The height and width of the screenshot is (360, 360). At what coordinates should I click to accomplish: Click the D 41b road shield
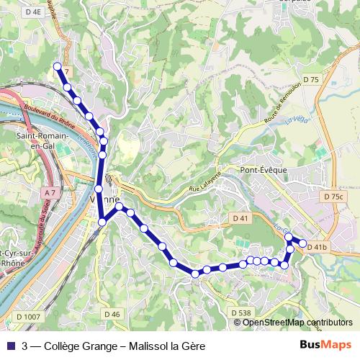(318, 247)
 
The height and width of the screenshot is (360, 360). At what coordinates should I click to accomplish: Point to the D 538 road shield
(242, 312)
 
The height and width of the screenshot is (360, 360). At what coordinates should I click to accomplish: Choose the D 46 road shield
(112, 314)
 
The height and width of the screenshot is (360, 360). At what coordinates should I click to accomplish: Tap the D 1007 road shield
(27, 316)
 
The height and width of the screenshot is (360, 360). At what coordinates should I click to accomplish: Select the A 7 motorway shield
(49, 193)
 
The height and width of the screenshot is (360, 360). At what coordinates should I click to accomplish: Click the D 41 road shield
(240, 217)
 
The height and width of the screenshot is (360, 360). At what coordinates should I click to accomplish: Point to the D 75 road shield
(311, 79)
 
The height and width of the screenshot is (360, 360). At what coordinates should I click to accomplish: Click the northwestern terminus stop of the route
(58, 66)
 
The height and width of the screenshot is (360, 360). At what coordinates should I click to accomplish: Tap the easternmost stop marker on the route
(303, 243)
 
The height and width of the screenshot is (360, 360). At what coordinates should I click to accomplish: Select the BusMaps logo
(325, 345)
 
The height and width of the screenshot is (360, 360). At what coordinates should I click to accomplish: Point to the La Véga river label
(294, 116)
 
